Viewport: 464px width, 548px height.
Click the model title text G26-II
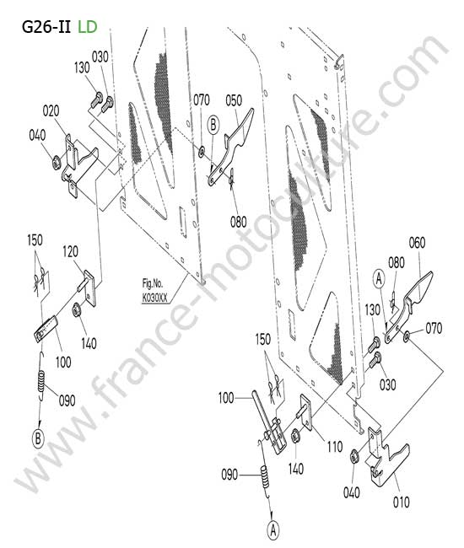(46, 27)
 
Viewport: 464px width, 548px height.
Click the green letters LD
(88, 27)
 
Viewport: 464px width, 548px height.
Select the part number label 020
(51, 111)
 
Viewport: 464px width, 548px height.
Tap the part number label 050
(234, 100)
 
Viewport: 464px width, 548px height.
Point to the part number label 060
(417, 243)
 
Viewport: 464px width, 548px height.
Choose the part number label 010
(401, 502)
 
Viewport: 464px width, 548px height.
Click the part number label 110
(335, 446)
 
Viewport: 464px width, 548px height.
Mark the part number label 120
(70, 251)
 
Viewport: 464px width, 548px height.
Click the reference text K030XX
(154, 298)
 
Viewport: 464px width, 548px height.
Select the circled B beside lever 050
(213, 125)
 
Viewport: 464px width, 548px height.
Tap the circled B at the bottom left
(39, 438)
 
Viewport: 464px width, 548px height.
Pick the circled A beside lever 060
(379, 279)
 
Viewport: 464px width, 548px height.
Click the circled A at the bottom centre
(273, 530)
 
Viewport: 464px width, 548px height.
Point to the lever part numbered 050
(231, 148)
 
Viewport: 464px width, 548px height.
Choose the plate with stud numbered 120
(88, 287)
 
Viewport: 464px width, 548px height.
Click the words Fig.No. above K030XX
(153, 283)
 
